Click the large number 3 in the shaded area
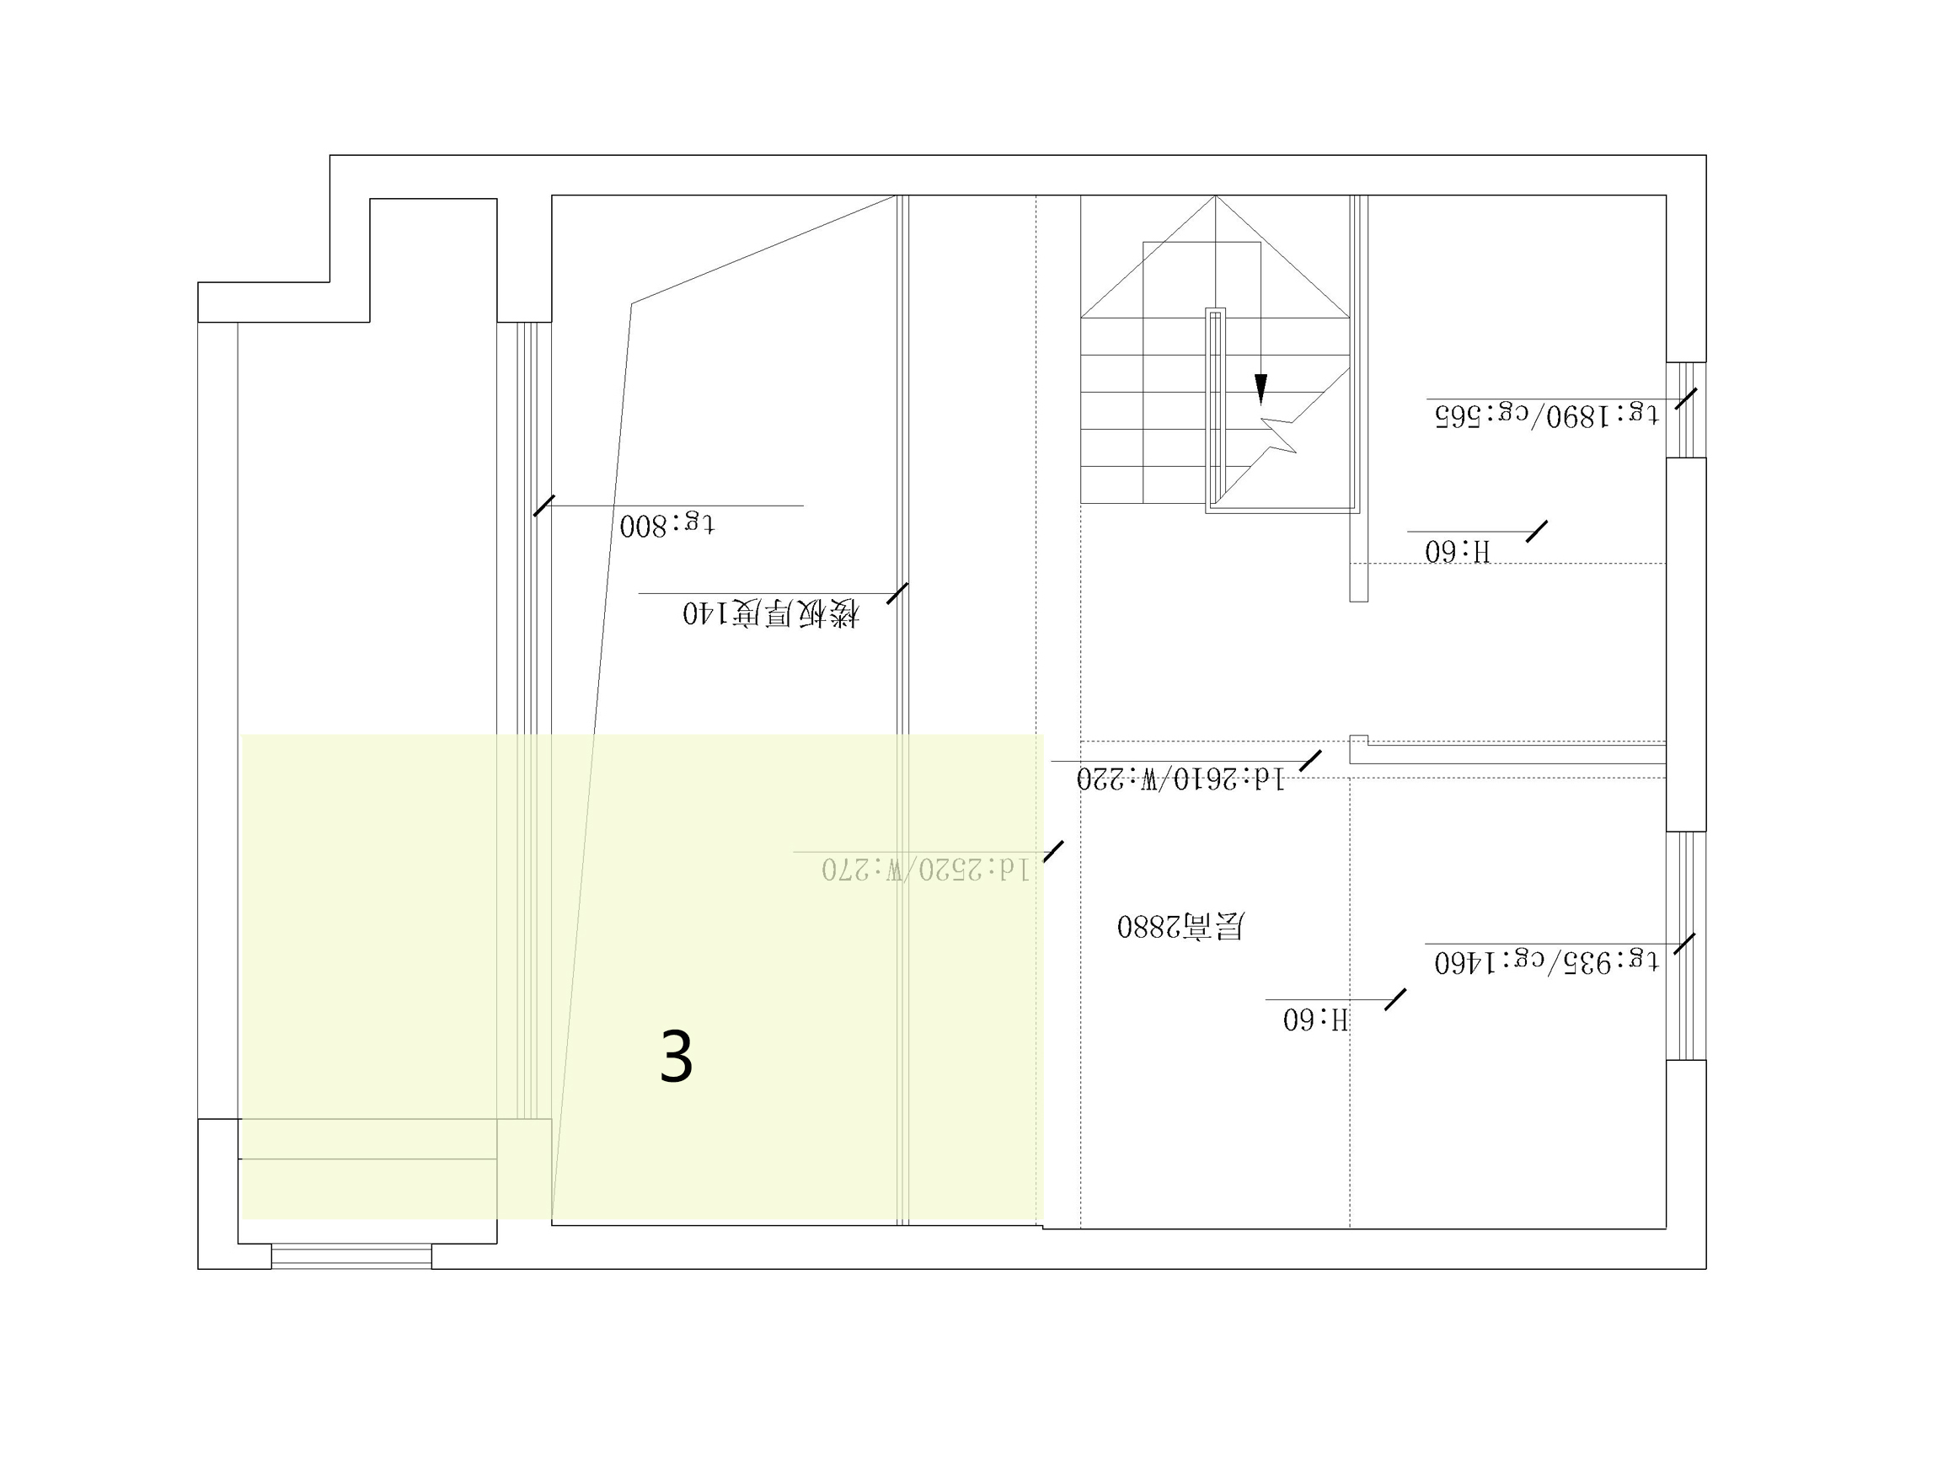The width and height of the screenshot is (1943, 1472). click(x=677, y=1057)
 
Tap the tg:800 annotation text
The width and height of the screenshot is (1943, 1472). click(x=666, y=524)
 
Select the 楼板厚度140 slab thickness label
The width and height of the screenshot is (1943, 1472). click(x=770, y=613)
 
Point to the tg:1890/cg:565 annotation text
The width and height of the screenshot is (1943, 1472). click(x=1546, y=414)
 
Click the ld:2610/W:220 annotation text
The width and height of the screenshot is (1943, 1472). click(x=1180, y=779)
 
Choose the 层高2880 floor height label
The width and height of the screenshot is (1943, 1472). click(x=1180, y=926)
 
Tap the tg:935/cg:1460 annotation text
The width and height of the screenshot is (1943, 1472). click(x=1546, y=961)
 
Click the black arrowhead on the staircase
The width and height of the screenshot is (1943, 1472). click(x=1261, y=388)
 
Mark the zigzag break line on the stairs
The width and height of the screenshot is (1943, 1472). click(x=1279, y=436)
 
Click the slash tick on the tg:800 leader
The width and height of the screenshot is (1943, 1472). click(x=543, y=506)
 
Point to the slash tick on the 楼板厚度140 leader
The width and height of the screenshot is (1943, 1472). click(x=897, y=594)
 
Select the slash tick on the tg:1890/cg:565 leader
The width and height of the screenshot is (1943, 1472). click(x=1686, y=399)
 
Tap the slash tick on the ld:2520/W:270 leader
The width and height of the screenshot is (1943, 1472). click(x=1053, y=851)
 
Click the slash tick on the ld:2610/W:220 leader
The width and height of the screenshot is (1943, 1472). click(x=1309, y=761)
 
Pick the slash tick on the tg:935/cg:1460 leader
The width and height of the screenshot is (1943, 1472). click(x=1683, y=943)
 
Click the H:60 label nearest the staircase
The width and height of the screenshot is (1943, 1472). click(x=1458, y=551)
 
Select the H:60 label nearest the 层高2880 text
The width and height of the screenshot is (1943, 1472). click(x=1315, y=1019)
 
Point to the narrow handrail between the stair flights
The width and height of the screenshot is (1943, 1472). click(x=1215, y=409)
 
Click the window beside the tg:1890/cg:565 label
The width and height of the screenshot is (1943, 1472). click(x=1686, y=410)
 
